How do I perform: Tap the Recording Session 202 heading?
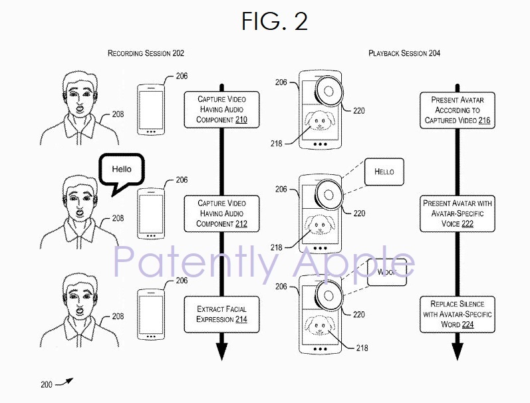pyautogui.click(x=146, y=53)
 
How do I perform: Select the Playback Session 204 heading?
pyautogui.click(x=404, y=53)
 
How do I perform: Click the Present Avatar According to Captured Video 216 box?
pyautogui.click(x=456, y=110)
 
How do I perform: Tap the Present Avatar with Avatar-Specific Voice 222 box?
pyautogui.click(x=456, y=213)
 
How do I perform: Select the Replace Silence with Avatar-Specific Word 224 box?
pyautogui.click(x=456, y=314)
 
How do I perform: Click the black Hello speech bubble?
pyautogui.click(x=121, y=171)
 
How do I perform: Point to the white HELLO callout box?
pyautogui.click(x=384, y=172)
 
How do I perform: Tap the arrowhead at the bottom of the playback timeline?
pyautogui.click(x=457, y=350)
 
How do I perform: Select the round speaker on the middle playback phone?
pyautogui.click(x=327, y=194)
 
